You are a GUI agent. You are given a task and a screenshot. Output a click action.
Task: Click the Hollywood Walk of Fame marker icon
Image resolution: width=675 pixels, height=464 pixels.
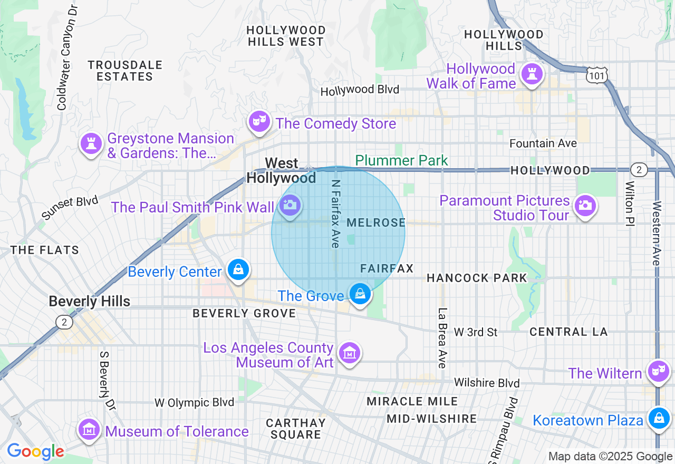(x=532, y=74)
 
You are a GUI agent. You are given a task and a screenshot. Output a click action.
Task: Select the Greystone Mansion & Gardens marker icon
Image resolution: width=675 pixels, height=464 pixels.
(x=91, y=143)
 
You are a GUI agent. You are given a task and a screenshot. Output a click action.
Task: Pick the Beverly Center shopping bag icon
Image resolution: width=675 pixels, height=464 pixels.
(x=238, y=270)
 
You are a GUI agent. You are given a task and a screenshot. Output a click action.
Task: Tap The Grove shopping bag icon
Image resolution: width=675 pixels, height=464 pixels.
(x=360, y=294)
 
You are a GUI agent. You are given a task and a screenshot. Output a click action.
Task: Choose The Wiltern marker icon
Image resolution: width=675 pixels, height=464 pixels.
(x=658, y=371)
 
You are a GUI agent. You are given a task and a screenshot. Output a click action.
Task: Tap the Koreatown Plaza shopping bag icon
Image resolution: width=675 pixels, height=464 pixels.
(x=658, y=418)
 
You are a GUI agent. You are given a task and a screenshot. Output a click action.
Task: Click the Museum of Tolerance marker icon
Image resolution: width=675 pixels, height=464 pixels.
(x=90, y=429)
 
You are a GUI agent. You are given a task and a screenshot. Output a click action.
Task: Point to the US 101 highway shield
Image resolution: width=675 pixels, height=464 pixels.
(x=597, y=76)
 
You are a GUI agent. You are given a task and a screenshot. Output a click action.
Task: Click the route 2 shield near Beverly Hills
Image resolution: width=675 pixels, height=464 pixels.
(x=64, y=322)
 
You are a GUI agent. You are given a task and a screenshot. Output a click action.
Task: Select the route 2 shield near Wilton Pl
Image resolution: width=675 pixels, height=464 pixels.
(x=639, y=170)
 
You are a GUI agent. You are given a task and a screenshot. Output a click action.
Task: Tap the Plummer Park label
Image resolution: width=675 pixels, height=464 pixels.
(x=401, y=160)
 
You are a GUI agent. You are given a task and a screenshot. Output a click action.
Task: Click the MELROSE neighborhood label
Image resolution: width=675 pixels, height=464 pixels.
(x=377, y=223)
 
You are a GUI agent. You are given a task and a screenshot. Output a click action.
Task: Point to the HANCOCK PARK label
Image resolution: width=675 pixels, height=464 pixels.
(x=476, y=278)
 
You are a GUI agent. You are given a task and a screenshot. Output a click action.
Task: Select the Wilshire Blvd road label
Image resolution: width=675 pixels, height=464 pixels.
(x=487, y=383)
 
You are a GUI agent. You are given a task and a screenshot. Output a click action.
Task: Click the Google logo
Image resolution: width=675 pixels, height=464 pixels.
(x=35, y=451)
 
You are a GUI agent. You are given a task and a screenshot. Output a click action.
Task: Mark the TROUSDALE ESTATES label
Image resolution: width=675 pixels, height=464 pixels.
(x=125, y=71)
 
